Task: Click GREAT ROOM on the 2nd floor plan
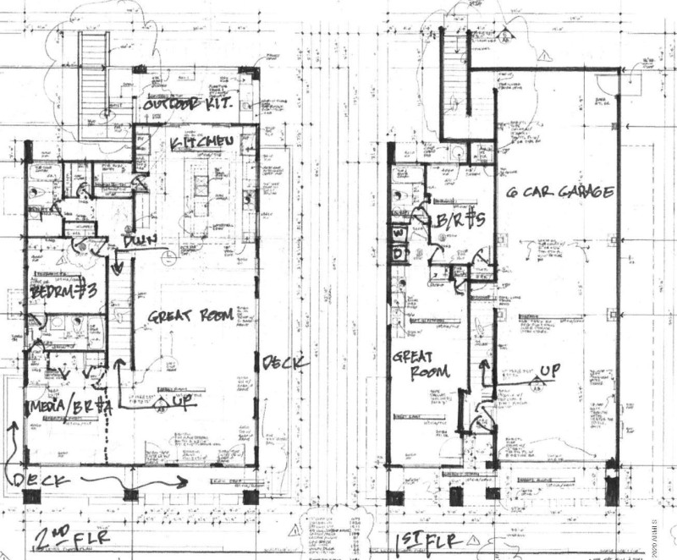coord(190,317)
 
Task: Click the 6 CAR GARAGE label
coord(559,192)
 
